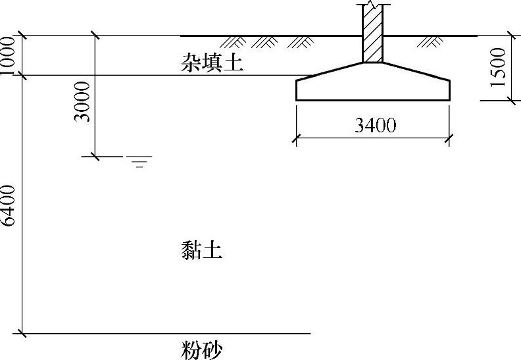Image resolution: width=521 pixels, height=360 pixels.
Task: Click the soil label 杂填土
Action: [x=212, y=63]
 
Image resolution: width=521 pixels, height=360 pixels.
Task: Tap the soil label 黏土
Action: [x=201, y=251]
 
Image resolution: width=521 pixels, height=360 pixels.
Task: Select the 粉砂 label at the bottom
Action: [x=201, y=349]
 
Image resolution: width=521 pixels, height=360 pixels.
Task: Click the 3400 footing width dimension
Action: [x=375, y=125]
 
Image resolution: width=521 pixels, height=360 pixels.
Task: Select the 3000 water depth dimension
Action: [x=83, y=103]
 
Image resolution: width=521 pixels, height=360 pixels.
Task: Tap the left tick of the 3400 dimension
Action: [x=296, y=138]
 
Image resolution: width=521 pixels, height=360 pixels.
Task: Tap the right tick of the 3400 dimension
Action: [x=450, y=138]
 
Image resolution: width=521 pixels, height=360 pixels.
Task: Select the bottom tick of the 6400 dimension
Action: [x=23, y=334]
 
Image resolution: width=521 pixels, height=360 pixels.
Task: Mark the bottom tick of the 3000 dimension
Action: [x=95, y=157]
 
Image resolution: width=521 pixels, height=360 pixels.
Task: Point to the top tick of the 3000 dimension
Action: [x=95, y=36]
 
